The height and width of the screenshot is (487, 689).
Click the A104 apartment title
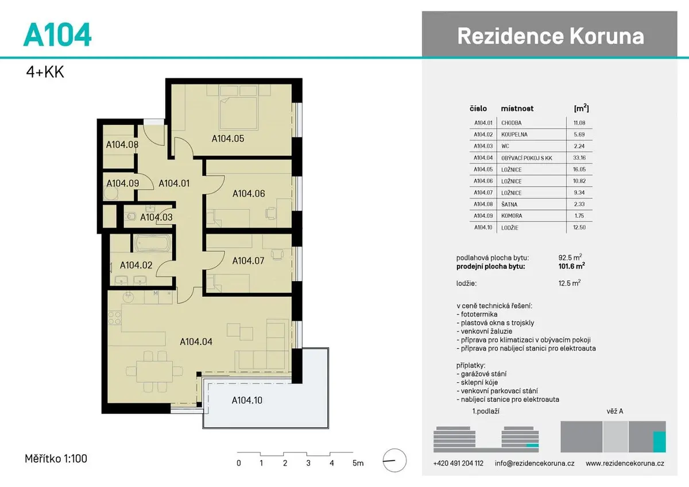pos(57,34)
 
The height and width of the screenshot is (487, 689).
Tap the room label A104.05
pos(228,139)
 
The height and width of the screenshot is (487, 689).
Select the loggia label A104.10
pos(247,400)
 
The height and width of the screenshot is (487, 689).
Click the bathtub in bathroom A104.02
pos(153,243)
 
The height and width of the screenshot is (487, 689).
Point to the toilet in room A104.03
pos(130,216)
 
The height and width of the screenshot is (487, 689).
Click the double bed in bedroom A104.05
pos(238,113)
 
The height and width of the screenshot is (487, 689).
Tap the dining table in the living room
pos(154,371)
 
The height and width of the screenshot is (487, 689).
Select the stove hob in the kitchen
pos(115,318)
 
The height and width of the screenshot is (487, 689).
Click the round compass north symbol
pos(394,461)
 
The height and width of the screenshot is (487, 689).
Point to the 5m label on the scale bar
pos(358,463)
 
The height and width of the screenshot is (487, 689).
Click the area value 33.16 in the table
pos(579,158)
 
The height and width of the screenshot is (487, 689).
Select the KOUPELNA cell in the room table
pos(514,135)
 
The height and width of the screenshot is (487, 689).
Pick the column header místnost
pos(517,109)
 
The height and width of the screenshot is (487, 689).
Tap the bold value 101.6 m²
pos(571,266)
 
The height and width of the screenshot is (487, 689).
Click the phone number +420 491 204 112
pos(458,463)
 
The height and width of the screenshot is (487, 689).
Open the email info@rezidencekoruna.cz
pos(535,463)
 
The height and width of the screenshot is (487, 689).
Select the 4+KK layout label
pos(45,72)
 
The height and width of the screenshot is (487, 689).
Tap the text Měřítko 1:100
pos(56,459)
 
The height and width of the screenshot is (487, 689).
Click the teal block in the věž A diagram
pos(660,442)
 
